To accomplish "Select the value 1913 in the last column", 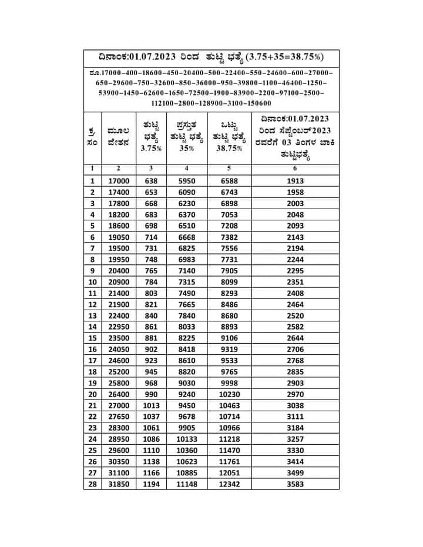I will (x=295, y=182).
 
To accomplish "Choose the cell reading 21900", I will (x=119, y=304).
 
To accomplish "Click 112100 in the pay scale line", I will (x=165, y=103).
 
